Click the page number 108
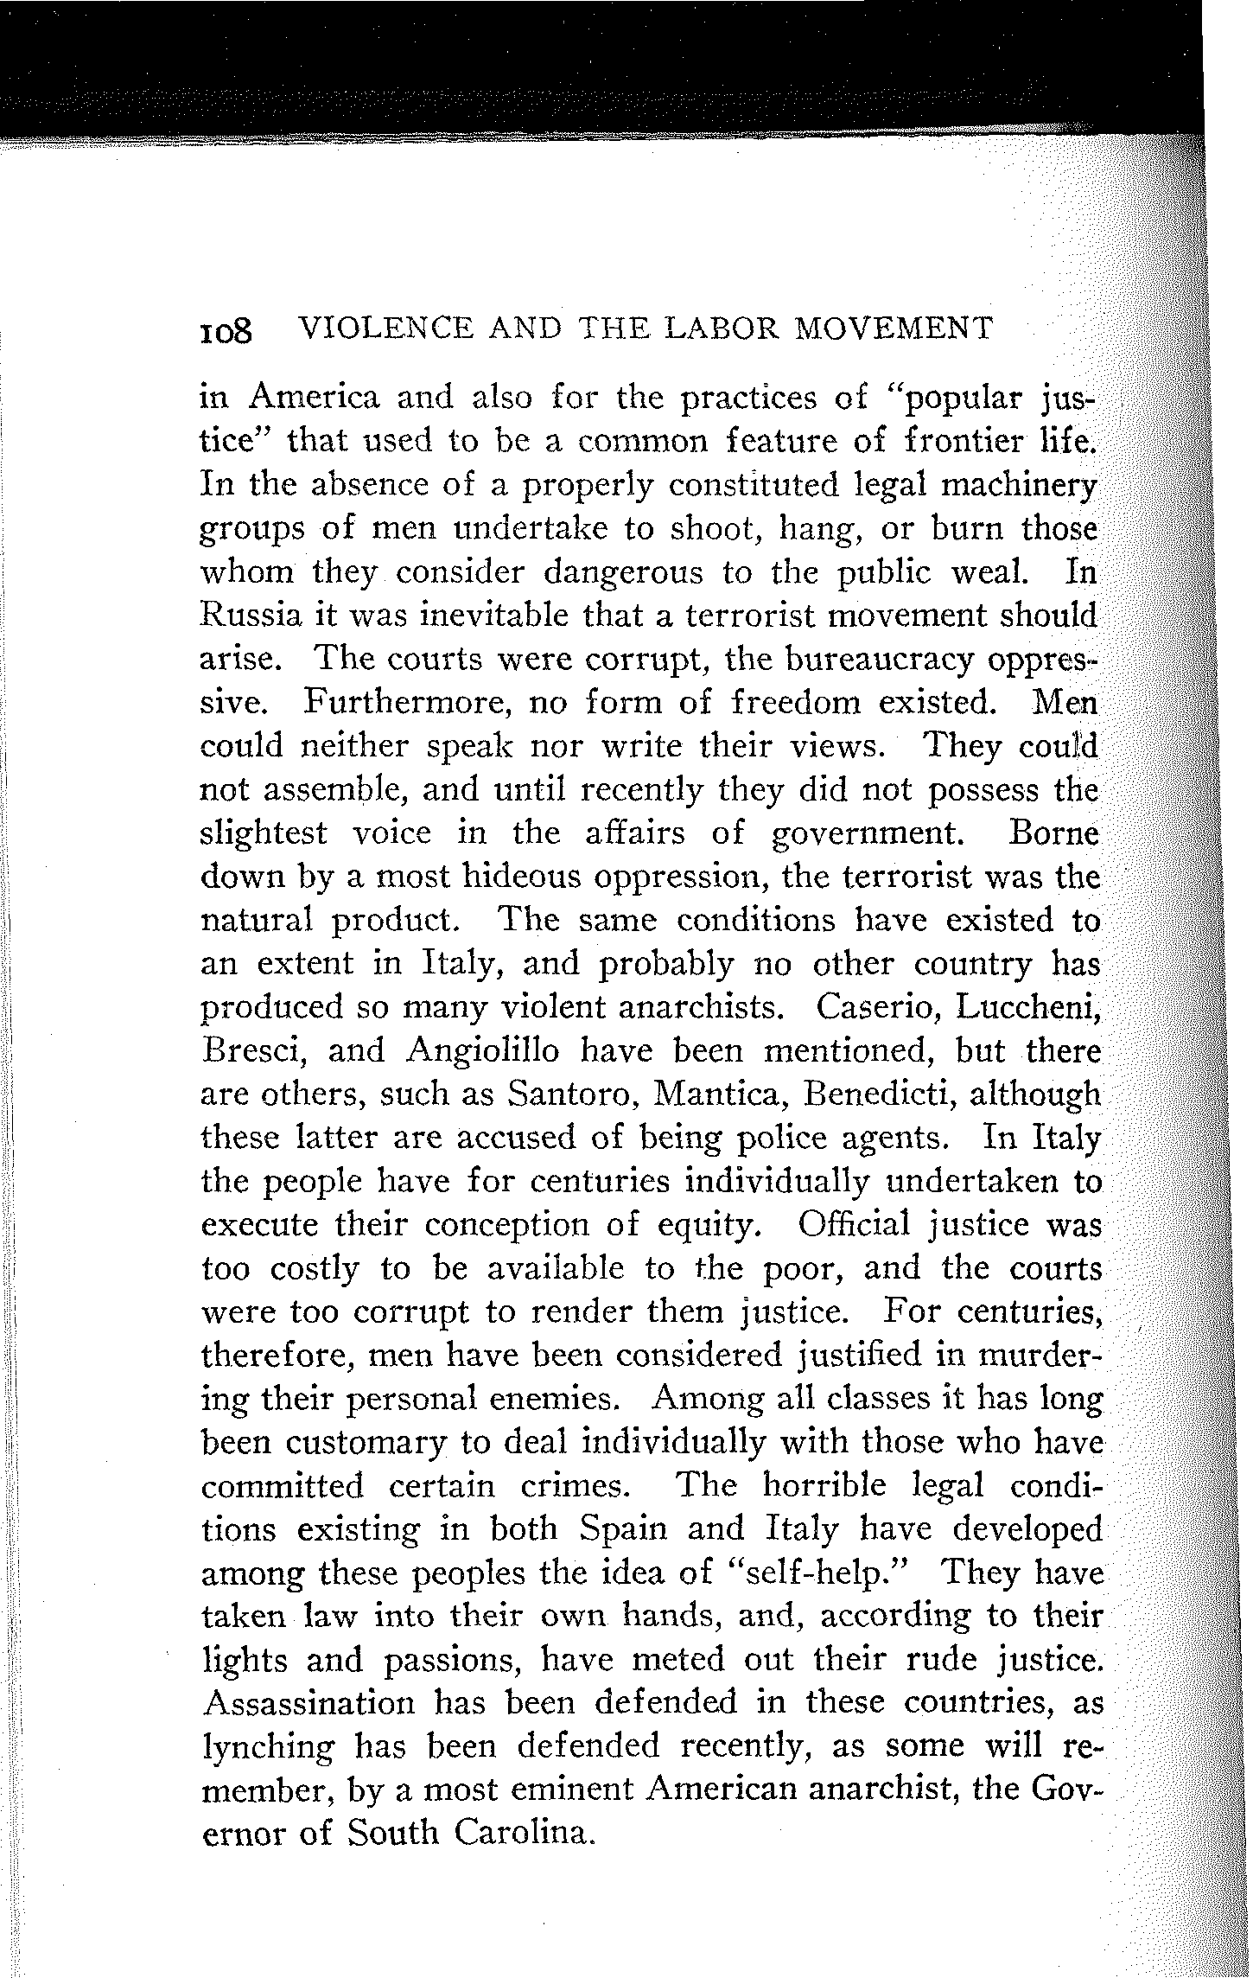[226, 330]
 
